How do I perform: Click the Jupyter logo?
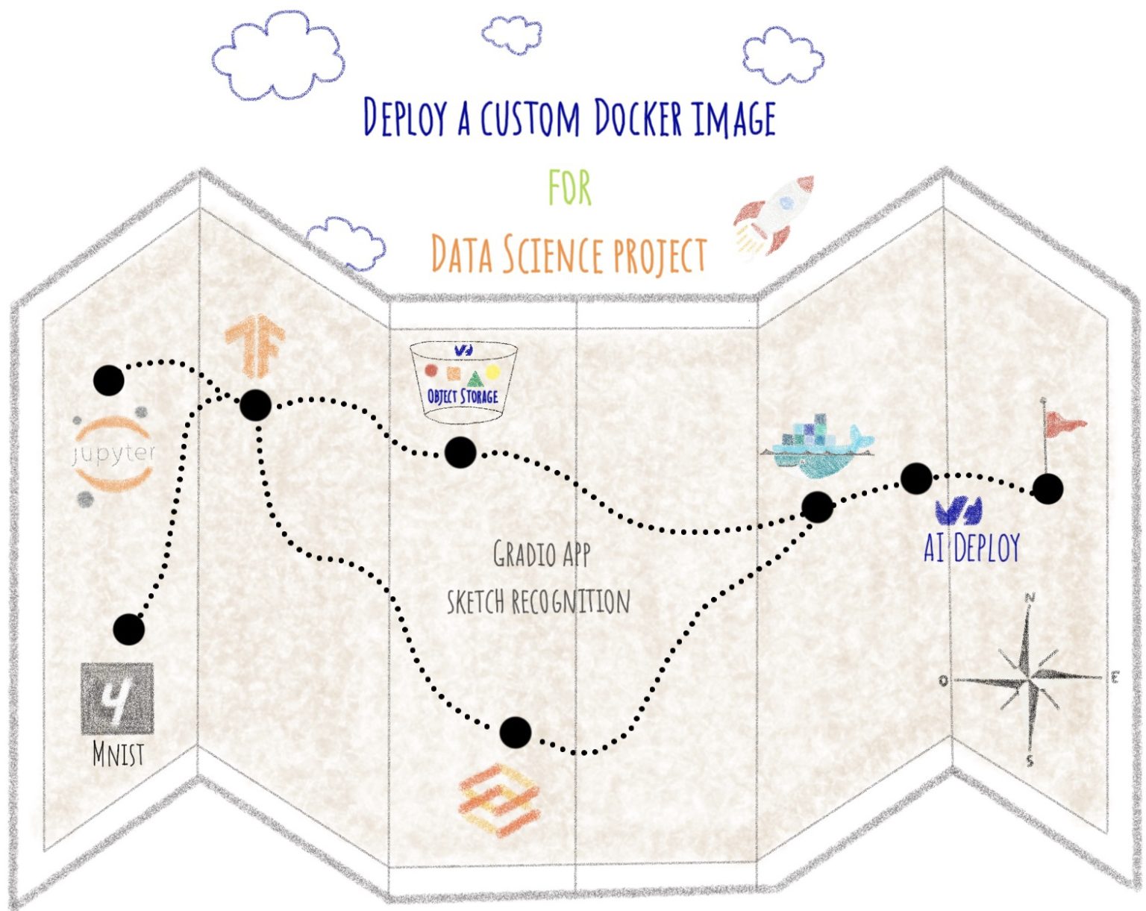point(113,453)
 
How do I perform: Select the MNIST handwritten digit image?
point(117,698)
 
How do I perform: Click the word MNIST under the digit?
point(118,754)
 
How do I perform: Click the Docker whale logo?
point(818,448)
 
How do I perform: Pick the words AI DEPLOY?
point(971,548)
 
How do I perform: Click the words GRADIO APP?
point(542,554)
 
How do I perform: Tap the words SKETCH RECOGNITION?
point(538,601)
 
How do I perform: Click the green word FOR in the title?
point(570,187)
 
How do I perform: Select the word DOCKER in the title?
point(638,118)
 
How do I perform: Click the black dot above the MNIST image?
point(128,630)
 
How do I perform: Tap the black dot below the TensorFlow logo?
point(255,405)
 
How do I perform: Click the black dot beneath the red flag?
point(1048,489)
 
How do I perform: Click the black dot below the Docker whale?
point(817,507)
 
